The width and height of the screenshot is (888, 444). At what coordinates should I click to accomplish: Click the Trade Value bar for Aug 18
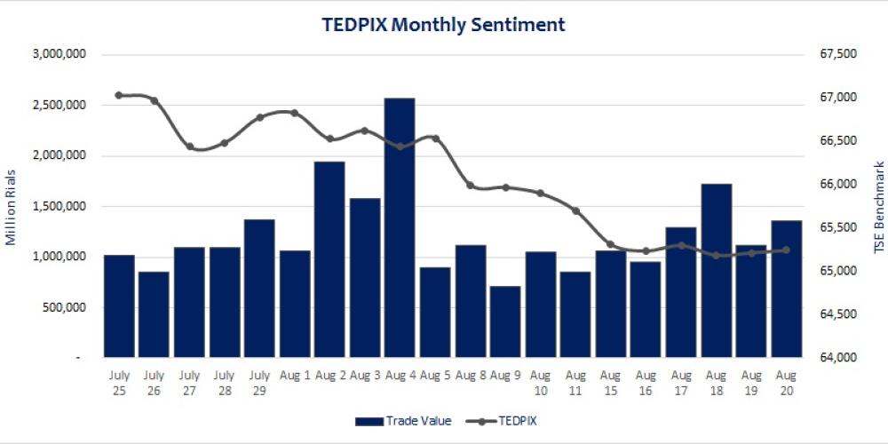coord(716,270)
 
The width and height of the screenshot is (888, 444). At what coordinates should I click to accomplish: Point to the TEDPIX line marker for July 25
coord(119,95)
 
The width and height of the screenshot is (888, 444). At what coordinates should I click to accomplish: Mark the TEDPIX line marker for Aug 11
coord(575,210)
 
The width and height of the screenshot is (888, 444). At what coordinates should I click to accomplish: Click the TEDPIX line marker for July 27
coord(189,147)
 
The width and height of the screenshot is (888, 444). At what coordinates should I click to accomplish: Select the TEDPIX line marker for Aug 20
coord(786,250)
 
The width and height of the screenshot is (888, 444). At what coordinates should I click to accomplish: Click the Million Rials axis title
coord(11,206)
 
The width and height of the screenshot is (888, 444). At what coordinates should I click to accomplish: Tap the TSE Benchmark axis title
coord(879,206)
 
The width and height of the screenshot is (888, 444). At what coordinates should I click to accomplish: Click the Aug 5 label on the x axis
coord(435,375)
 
